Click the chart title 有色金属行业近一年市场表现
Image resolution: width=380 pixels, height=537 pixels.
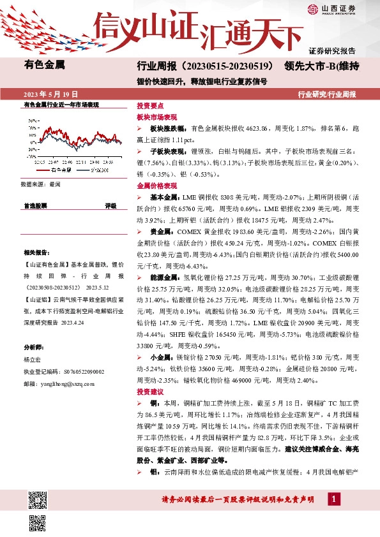61,104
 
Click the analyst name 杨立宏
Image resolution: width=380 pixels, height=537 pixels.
34,359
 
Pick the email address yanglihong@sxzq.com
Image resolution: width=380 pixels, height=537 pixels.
58,384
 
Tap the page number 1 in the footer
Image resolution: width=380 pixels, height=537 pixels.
334,498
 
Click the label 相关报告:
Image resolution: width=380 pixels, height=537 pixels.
36,253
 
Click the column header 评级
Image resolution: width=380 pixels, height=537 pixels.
110,206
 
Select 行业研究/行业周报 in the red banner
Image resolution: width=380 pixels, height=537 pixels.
327,94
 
